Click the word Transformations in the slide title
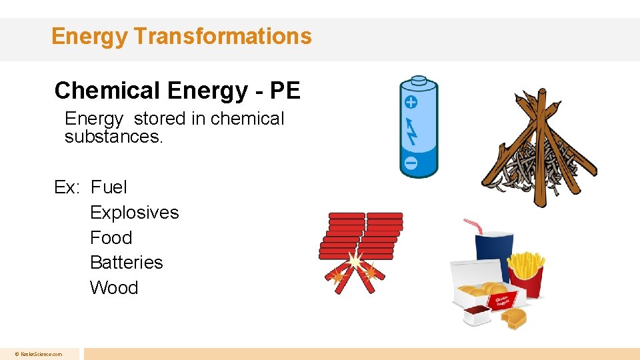click(x=222, y=36)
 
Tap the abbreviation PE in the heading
click(x=286, y=91)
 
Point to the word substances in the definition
click(x=113, y=137)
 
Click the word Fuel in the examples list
click(x=109, y=187)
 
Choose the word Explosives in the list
click(x=135, y=213)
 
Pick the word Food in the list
click(x=111, y=238)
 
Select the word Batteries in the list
click(x=126, y=263)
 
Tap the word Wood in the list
click(x=114, y=288)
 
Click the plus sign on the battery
click(x=411, y=102)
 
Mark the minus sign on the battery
click(x=411, y=163)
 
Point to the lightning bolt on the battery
click(x=411, y=131)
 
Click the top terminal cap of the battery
click(x=418, y=80)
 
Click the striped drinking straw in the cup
click(x=473, y=224)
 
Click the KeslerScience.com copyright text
click(x=39, y=354)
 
